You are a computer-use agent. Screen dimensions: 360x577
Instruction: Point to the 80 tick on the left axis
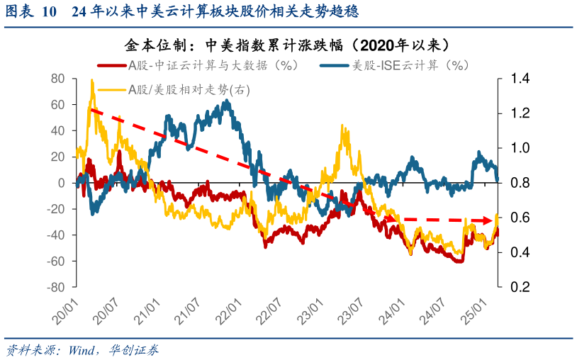[x=58, y=79]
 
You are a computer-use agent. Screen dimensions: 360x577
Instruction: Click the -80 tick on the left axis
[x=55, y=287]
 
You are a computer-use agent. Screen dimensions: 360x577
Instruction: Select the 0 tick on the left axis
[x=62, y=183]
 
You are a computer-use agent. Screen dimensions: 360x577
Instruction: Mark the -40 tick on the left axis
[x=55, y=235]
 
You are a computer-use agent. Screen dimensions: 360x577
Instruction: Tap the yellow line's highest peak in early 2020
[x=92, y=81]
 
